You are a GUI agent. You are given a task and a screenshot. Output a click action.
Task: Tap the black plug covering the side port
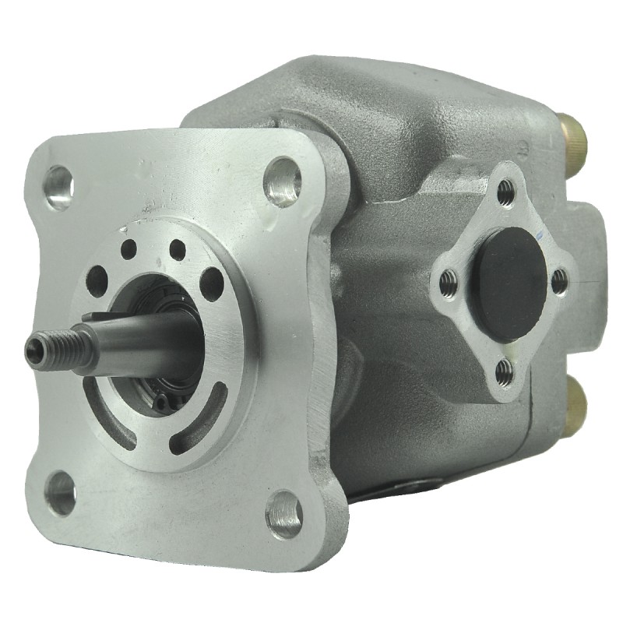point(510,283)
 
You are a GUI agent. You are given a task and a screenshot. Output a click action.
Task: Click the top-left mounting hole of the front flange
point(58,186)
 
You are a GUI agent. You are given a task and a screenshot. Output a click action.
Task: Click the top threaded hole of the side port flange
point(506,189)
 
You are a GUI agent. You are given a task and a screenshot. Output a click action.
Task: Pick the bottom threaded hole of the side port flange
point(505,371)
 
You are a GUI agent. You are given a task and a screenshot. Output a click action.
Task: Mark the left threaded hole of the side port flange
point(447,282)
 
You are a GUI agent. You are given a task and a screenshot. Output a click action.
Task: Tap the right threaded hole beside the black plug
point(559,282)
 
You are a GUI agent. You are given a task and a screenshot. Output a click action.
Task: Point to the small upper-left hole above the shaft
point(128,249)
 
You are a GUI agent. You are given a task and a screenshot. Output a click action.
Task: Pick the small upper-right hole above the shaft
point(178,249)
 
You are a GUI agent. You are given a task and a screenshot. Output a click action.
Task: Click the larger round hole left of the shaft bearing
point(97,280)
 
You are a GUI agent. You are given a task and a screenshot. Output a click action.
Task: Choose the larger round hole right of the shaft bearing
point(211,283)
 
